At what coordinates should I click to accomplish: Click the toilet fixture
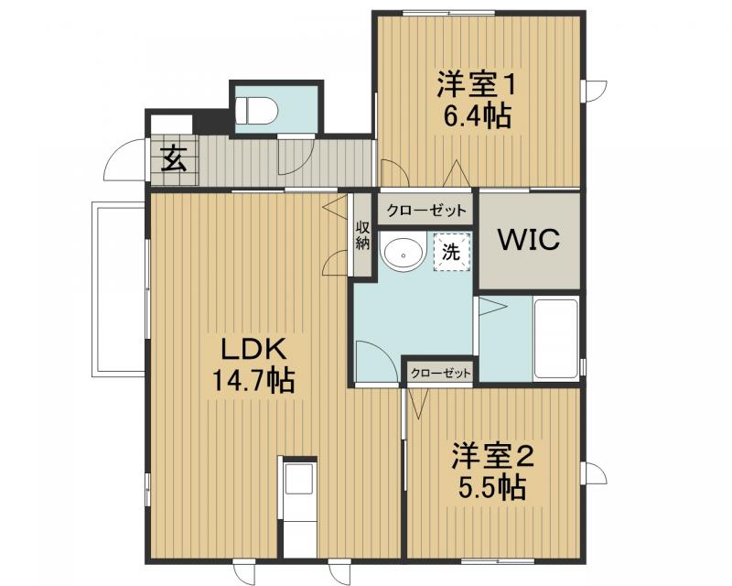[255, 109]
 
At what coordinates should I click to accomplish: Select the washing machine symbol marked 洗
[451, 252]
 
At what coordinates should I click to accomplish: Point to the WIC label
[528, 240]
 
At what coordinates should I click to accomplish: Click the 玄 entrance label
[174, 160]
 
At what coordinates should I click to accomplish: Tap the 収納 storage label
[362, 235]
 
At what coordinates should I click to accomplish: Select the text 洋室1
[477, 85]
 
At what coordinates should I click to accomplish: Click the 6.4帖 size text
[477, 116]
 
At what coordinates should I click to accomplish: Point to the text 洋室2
[491, 455]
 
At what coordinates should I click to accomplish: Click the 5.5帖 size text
[491, 486]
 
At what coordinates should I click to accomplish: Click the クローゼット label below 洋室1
[425, 211]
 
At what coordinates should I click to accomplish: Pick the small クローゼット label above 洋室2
[440, 374]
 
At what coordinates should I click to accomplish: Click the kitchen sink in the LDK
[298, 482]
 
